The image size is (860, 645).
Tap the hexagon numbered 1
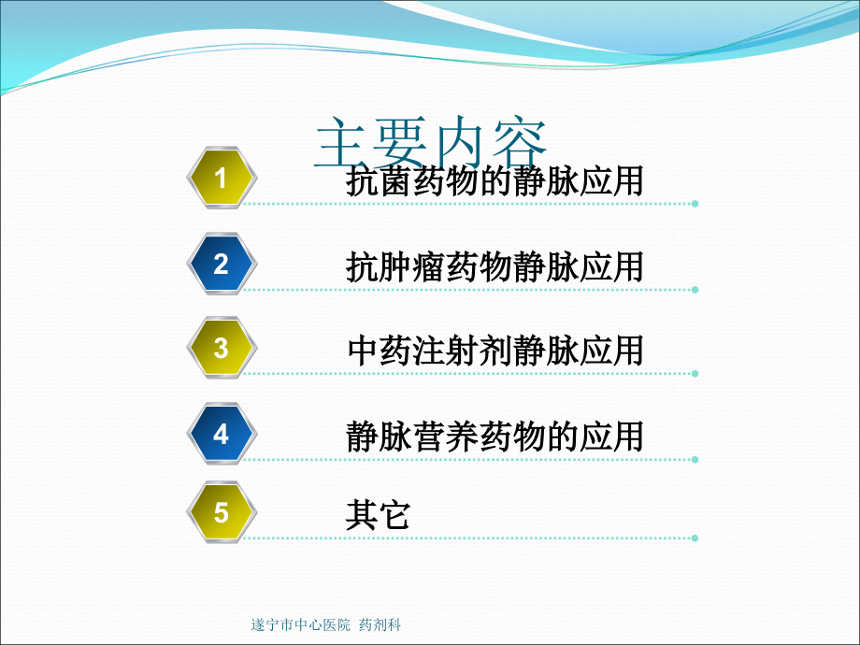pos(222,178)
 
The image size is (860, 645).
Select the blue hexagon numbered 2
pos(222,264)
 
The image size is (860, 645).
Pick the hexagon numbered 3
pos(222,348)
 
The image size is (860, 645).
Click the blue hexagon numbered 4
pos(222,434)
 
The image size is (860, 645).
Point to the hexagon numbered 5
pos(222,512)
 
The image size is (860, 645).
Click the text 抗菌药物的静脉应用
pos(494,181)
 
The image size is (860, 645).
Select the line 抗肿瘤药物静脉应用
pos(494,267)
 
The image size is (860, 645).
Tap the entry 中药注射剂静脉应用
pos(495,351)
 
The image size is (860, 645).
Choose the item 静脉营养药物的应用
pos(494,437)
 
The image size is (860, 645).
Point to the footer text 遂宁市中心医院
pos(301,624)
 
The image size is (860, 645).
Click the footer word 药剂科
pos(380,624)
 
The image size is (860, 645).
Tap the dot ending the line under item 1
pos(695,204)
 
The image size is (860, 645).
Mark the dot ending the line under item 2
pos(695,290)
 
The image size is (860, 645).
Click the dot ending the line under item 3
pos(695,374)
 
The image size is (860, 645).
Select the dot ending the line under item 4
pos(695,460)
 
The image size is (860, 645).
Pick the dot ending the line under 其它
pos(695,538)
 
